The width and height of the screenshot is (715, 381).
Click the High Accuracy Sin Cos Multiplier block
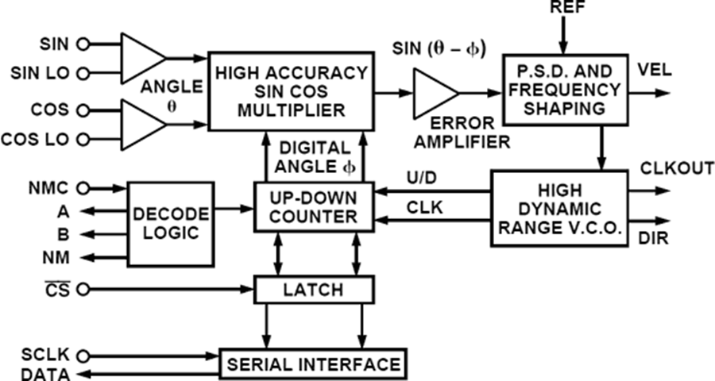point(290,91)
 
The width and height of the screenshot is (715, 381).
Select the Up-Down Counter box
point(314,206)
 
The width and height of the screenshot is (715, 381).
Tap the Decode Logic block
point(171,223)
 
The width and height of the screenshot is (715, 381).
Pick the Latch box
point(314,290)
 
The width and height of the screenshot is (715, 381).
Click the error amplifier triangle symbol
point(433,94)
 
